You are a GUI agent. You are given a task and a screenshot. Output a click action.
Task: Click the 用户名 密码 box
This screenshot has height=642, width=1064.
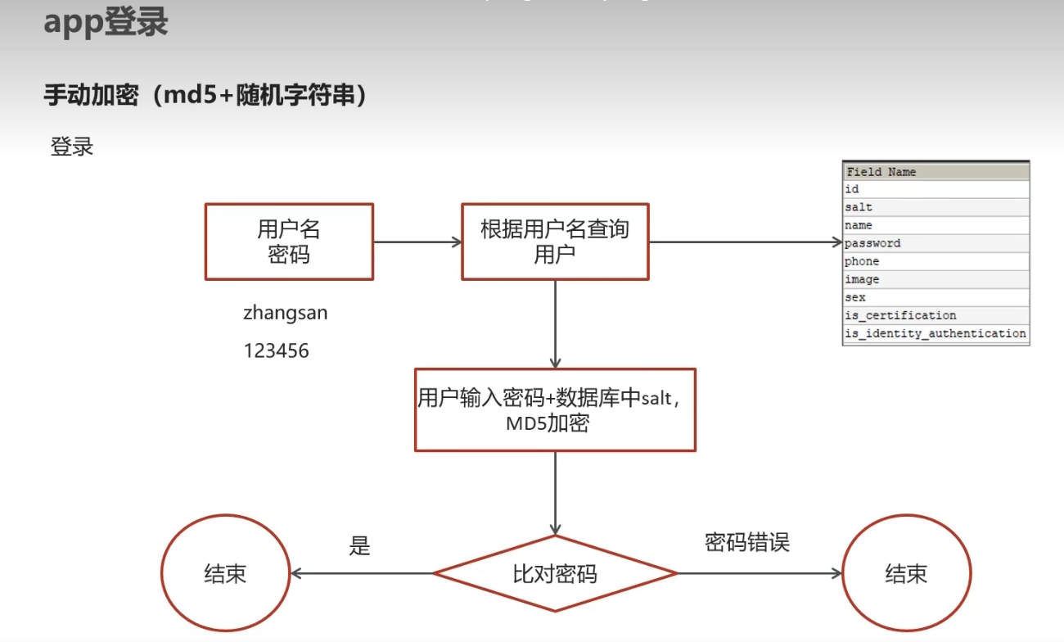pos(288,242)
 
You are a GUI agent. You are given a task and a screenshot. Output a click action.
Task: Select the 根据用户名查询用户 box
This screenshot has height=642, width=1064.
pos(555,242)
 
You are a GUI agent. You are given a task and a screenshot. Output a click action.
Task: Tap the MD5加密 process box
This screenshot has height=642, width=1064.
pos(555,409)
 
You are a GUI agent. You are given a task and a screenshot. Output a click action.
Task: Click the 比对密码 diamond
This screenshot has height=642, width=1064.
pos(555,573)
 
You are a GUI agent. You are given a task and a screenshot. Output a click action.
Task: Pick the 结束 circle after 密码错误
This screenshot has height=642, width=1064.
pos(906,573)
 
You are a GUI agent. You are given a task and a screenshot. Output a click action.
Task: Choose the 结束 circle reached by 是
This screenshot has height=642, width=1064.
pos(225,573)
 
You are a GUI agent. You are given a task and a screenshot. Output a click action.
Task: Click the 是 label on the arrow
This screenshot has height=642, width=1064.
pos(360,546)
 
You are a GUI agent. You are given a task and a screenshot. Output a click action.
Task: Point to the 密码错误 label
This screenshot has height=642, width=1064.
pos(746,542)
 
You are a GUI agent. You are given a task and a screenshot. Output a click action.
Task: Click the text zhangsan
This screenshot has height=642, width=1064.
pos(285,313)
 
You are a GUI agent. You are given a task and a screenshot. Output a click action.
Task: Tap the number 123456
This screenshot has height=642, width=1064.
pos(276,351)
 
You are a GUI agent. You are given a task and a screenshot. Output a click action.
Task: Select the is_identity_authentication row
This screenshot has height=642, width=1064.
pos(935,333)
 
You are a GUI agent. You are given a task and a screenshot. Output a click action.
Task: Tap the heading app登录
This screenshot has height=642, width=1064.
pos(106,22)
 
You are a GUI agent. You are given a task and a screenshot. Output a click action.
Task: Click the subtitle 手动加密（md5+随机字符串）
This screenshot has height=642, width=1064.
pos(205,96)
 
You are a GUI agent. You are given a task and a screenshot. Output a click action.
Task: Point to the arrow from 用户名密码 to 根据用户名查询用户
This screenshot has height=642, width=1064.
pos(417,242)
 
